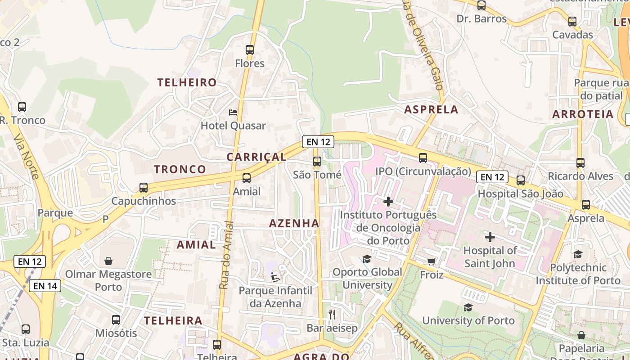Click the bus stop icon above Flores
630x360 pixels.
point(250,50)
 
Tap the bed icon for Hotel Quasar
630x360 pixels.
point(233,112)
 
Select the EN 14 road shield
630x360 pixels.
point(45,285)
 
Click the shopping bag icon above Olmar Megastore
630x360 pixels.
point(108,261)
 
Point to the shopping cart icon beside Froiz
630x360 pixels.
point(431,261)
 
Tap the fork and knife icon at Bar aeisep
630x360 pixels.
point(332,315)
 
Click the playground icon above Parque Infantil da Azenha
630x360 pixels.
point(275,277)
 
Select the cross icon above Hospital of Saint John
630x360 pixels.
point(490,237)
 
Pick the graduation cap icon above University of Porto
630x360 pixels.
point(468,307)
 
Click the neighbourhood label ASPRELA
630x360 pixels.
point(431,109)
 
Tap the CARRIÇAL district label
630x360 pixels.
point(256,157)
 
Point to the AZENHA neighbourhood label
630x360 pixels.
point(294,223)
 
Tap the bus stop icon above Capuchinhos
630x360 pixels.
point(144,187)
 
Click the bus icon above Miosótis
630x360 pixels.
point(116,320)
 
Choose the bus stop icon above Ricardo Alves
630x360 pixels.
point(580,163)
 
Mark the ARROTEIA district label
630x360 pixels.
point(583,114)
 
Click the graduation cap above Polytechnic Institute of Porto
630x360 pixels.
point(578,255)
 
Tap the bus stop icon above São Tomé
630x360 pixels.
point(317,161)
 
